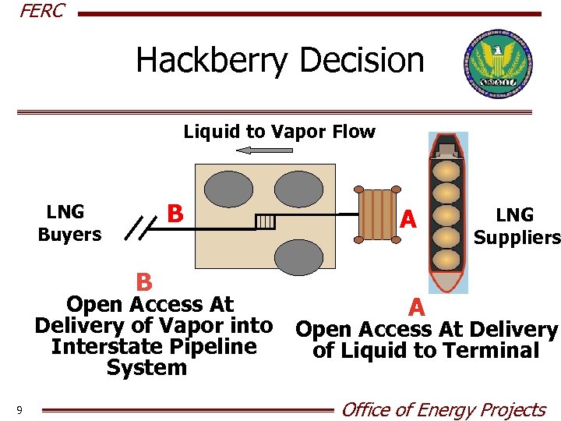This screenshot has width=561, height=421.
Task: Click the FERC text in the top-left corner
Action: click(x=41, y=11)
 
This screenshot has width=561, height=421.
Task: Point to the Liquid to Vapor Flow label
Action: click(x=279, y=132)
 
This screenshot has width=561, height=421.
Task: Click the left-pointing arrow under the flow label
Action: click(x=253, y=150)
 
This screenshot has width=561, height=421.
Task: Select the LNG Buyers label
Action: click(x=69, y=223)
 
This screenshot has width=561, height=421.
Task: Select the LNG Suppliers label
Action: click(x=516, y=226)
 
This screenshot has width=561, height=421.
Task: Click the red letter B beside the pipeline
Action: click(x=176, y=213)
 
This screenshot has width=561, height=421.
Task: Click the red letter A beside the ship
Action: click(x=408, y=221)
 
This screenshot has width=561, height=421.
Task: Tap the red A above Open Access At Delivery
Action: click(x=418, y=306)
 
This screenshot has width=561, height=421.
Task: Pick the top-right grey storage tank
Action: click(x=299, y=189)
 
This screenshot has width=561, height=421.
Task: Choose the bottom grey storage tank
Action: click(x=299, y=256)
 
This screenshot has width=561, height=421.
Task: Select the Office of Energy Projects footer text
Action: click(x=444, y=409)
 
